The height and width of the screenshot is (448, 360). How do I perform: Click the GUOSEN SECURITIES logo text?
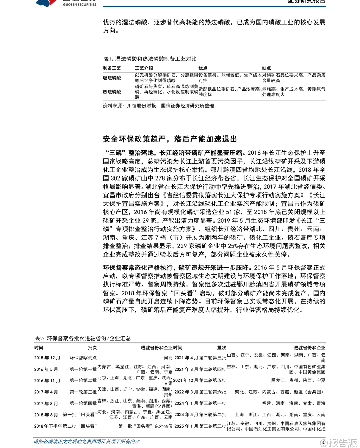point(79,4)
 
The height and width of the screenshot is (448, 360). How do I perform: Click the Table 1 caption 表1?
point(150,59)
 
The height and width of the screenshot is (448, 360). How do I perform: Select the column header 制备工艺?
point(112,68)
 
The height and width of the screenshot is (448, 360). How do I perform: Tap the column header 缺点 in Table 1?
point(266,68)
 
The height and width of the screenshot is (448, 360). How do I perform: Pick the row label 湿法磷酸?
point(112,78)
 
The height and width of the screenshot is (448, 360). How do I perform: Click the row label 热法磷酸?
point(112,92)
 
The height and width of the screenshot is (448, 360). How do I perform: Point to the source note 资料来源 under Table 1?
point(158,106)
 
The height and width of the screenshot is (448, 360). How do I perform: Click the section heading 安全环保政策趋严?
point(170,139)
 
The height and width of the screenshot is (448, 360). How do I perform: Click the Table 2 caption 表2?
point(83,338)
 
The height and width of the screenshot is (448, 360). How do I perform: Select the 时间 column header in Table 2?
point(39,348)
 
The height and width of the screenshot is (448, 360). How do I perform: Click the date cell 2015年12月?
point(47,358)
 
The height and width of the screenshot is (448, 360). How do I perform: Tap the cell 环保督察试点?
point(83,358)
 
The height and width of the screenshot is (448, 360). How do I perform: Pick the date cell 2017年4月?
point(46,392)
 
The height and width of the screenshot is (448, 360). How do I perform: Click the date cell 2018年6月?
point(46,415)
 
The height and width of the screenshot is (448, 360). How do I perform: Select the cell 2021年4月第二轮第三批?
point(200,358)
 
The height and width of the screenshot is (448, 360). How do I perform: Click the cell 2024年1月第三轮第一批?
point(200,403)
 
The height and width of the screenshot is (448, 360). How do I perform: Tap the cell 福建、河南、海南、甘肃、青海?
point(293,403)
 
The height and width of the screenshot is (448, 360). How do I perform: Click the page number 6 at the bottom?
point(324,442)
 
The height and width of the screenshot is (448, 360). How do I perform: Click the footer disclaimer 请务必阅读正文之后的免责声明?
point(87,441)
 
